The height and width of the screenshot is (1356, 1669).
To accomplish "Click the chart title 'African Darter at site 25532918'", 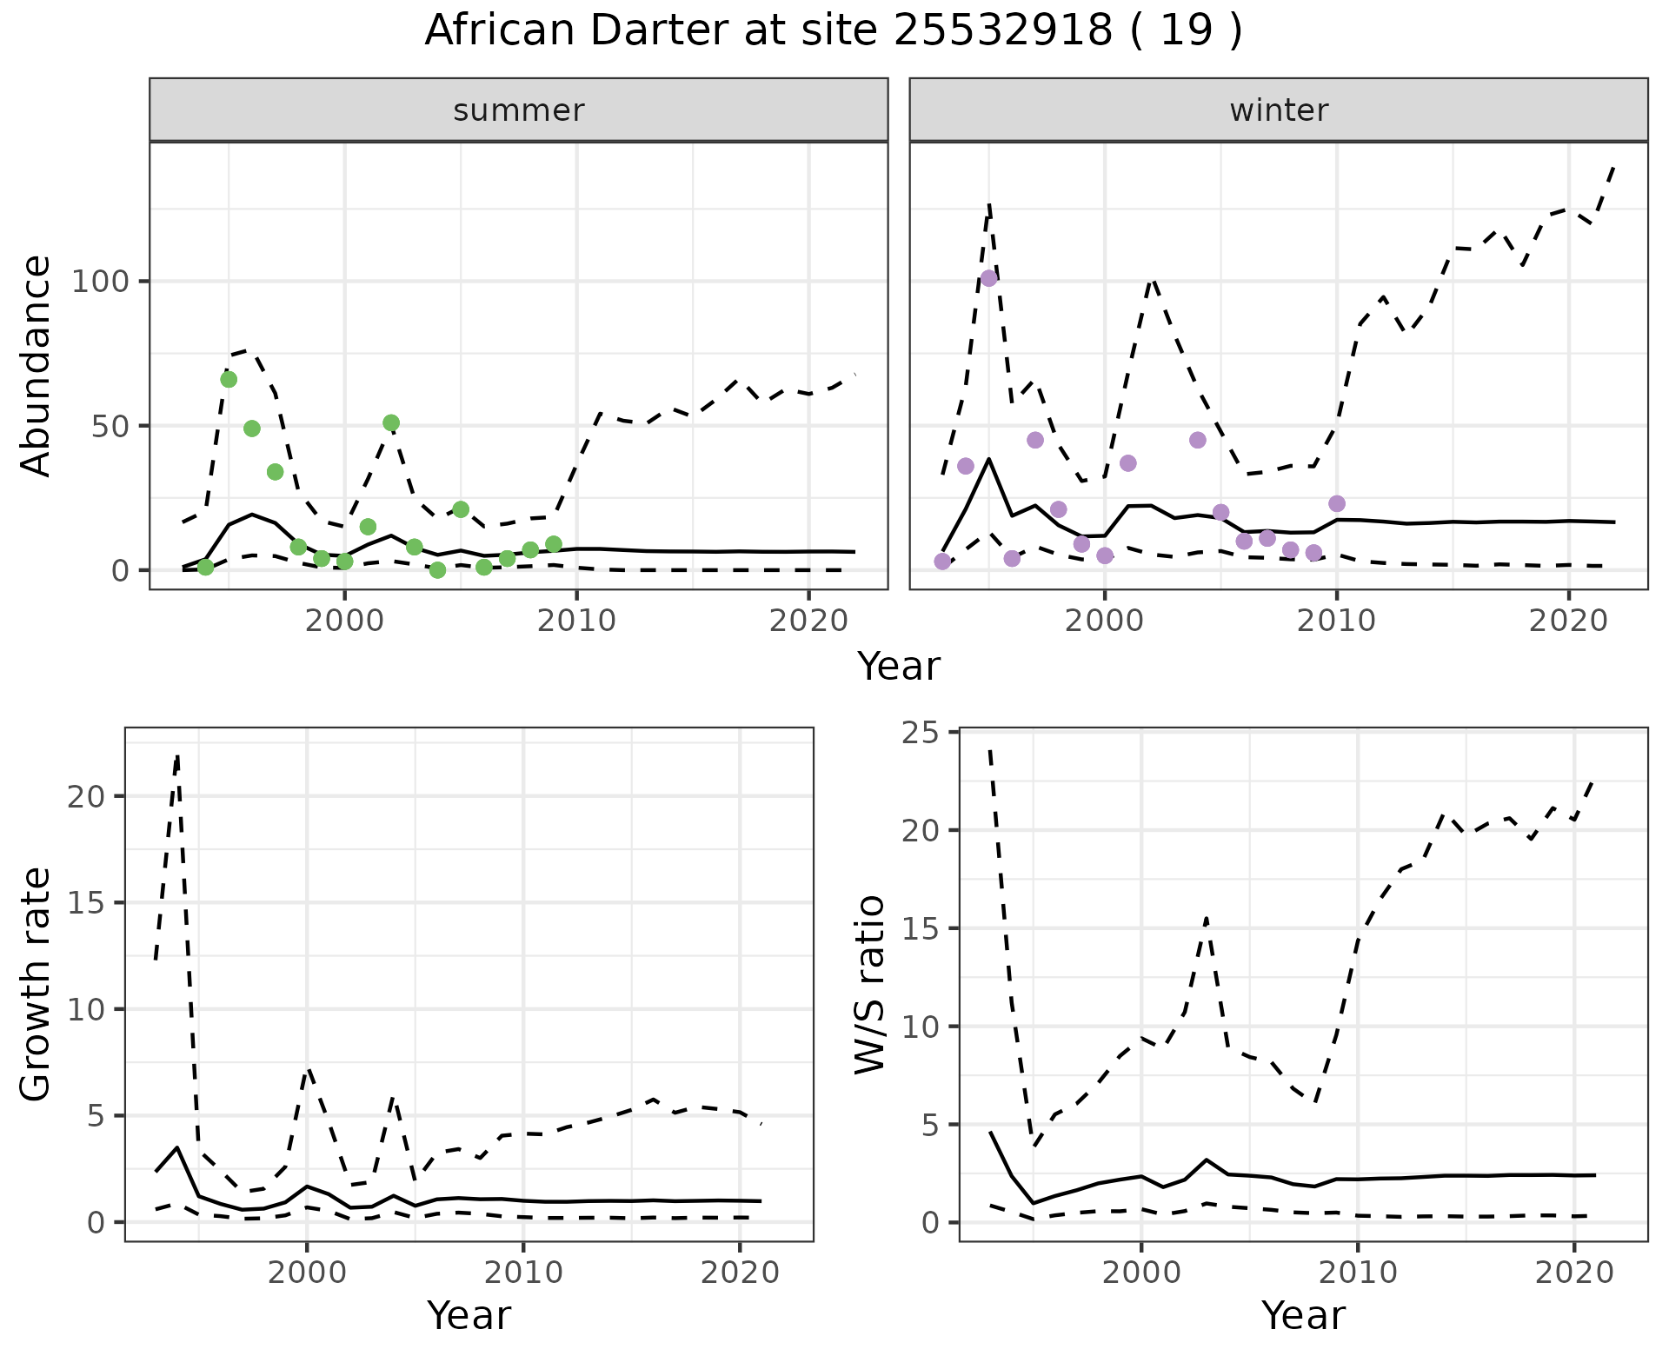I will [x=833, y=31].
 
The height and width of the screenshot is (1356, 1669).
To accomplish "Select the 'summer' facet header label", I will [x=518, y=110].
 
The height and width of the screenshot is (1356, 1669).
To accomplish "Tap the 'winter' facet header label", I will [x=1278, y=110].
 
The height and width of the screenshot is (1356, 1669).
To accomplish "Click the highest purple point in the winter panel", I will [x=988, y=278].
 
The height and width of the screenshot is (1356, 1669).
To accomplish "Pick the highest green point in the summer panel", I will [x=229, y=379].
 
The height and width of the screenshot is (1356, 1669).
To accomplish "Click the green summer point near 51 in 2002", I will [x=391, y=423].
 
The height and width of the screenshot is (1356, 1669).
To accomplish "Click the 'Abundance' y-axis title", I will [x=37, y=365].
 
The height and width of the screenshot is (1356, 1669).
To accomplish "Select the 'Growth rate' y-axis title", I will [x=37, y=984].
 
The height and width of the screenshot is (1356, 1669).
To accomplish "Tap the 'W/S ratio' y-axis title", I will [x=870, y=984].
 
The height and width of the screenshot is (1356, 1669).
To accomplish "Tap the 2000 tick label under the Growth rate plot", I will [x=306, y=1273].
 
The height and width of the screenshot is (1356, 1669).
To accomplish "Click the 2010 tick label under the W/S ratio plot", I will [x=1357, y=1273].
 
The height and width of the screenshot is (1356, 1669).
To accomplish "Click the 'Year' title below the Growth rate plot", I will [x=469, y=1315].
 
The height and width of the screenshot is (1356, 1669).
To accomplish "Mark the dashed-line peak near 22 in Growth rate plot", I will [x=177, y=757].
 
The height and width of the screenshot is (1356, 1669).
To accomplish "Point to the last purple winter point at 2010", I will [x=1337, y=504].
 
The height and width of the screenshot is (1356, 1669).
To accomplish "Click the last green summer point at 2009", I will [x=554, y=544].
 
